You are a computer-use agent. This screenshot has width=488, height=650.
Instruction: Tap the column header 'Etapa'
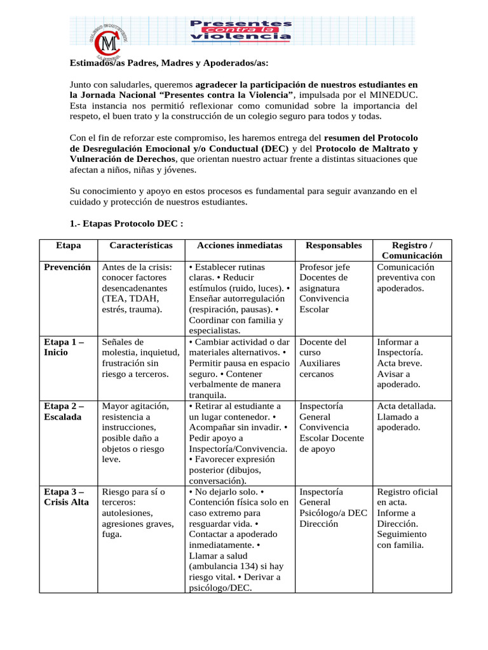[x=68, y=245]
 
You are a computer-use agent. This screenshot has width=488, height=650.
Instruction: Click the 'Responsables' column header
[x=334, y=245]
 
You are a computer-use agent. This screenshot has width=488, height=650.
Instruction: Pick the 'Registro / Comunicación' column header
[x=412, y=250]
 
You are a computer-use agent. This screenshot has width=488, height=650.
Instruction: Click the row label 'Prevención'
[x=67, y=267]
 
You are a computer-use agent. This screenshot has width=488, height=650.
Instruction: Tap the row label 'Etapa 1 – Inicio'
[x=64, y=347]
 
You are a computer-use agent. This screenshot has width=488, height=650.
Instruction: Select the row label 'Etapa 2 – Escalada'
[x=64, y=411]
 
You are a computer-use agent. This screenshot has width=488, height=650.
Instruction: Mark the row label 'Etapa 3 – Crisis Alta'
[x=67, y=497]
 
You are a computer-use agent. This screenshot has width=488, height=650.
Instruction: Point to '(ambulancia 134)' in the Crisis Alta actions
[x=224, y=566]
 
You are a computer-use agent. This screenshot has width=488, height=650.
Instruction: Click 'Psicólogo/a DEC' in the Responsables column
[x=333, y=513]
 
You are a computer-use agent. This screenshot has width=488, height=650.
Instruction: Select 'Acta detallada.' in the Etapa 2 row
[x=406, y=406]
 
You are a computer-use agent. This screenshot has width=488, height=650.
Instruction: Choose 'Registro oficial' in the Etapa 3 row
[x=407, y=492]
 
